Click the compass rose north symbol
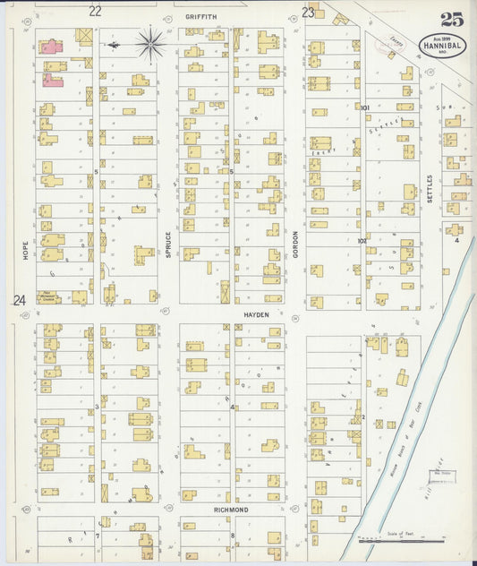(x=149, y=42)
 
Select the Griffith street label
(x=201, y=16)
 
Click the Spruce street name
(x=167, y=245)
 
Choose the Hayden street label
(x=256, y=315)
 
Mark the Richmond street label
(x=231, y=510)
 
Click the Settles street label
(x=430, y=188)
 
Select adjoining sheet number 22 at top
(x=95, y=12)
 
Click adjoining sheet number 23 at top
(x=308, y=13)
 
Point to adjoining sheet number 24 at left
(x=19, y=301)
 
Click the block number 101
(x=364, y=107)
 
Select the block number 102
(x=362, y=241)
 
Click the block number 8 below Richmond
(x=233, y=536)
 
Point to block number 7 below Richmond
(x=98, y=536)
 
